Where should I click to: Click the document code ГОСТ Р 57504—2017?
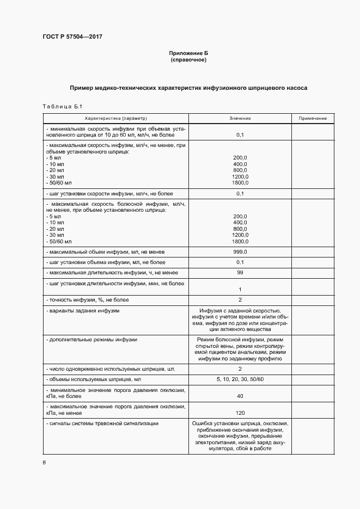[72, 36]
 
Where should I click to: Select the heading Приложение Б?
[188, 53]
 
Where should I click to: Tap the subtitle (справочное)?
[188, 59]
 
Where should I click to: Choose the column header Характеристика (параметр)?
[115, 118]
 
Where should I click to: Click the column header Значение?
[240, 118]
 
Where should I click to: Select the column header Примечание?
[313, 118]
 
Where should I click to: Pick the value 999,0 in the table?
[240, 252]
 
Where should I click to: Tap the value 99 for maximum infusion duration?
[240, 272]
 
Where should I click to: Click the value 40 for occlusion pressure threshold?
[240, 396]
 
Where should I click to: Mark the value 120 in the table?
[240, 413]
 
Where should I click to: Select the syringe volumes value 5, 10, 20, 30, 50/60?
[240, 379]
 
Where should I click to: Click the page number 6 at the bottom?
[44, 462]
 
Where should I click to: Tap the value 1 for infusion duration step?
[240, 289]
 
